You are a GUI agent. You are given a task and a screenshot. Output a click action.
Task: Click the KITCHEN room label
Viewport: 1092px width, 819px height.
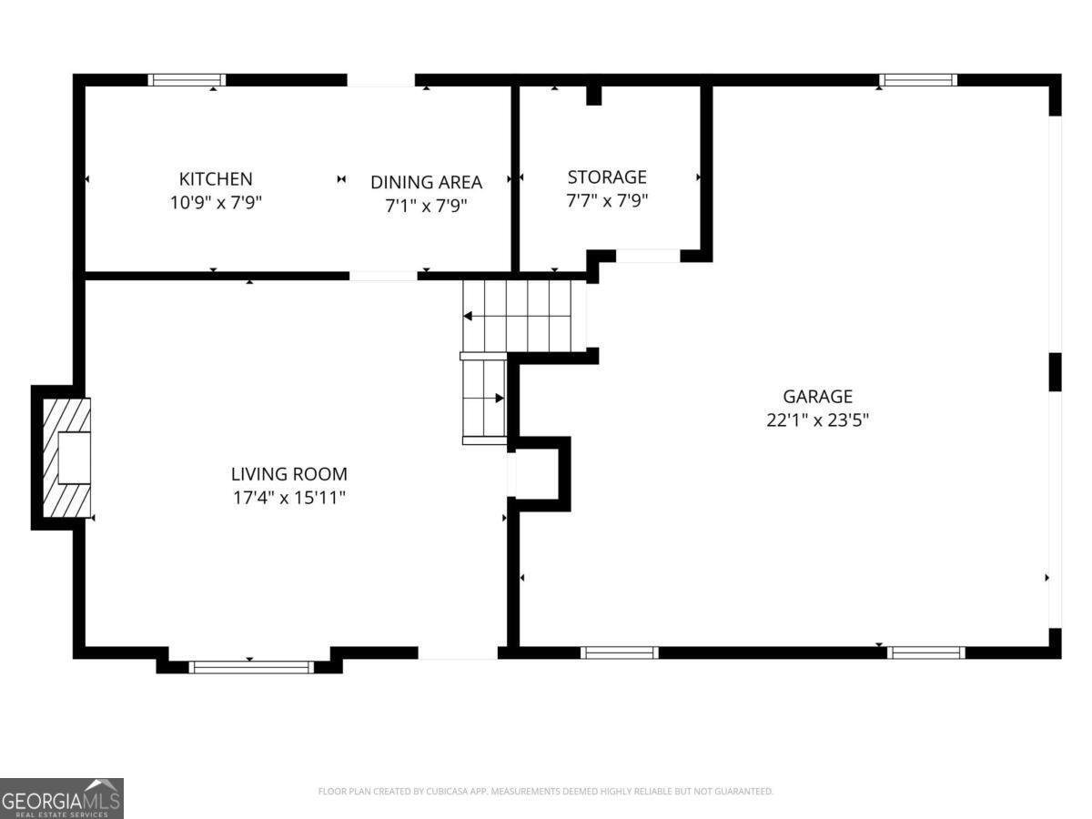pyautogui.click(x=216, y=178)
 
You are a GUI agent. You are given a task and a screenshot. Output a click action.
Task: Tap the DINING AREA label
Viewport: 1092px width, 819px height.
pyautogui.click(x=427, y=182)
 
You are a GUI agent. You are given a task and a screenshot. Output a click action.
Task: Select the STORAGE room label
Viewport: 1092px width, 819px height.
pyautogui.click(x=607, y=177)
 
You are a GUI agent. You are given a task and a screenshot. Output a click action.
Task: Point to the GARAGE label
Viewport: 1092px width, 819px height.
pyautogui.click(x=817, y=397)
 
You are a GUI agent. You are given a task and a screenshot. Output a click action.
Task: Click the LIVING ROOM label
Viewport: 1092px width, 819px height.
pyautogui.click(x=289, y=474)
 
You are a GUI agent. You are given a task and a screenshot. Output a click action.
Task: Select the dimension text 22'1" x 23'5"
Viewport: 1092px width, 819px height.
pyautogui.click(x=817, y=420)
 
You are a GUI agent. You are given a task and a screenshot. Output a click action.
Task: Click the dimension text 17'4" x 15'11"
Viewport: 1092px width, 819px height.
pyautogui.click(x=289, y=497)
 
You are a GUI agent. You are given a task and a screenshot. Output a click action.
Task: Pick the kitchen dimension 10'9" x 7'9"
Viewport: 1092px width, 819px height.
pyautogui.click(x=216, y=202)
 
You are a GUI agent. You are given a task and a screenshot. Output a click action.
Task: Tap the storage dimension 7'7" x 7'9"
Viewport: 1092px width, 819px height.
pyautogui.click(x=607, y=200)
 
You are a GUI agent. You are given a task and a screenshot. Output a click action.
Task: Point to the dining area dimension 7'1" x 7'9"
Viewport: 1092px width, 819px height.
pyautogui.click(x=427, y=206)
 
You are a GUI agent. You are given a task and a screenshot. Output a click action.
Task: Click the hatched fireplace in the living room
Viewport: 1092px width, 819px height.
pyautogui.click(x=66, y=458)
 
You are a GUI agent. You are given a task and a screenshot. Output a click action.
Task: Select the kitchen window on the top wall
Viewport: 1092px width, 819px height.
pyautogui.click(x=187, y=80)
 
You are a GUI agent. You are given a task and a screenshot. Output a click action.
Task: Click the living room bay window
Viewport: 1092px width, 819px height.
pyautogui.click(x=251, y=667)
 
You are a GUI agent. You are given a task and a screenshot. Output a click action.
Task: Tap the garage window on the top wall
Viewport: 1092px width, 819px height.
pyautogui.click(x=918, y=80)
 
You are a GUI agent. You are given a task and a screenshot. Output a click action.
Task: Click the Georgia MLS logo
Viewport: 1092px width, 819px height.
pyautogui.click(x=62, y=798)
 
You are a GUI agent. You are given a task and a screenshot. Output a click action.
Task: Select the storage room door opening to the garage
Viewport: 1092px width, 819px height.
pyautogui.click(x=648, y=256)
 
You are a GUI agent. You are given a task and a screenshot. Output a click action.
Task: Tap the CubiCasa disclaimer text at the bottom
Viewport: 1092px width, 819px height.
pyautogui.click(x=546, y=791)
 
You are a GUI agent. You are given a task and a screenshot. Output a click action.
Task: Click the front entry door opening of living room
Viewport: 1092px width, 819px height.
pyautogui.click(x=458, y=652)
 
